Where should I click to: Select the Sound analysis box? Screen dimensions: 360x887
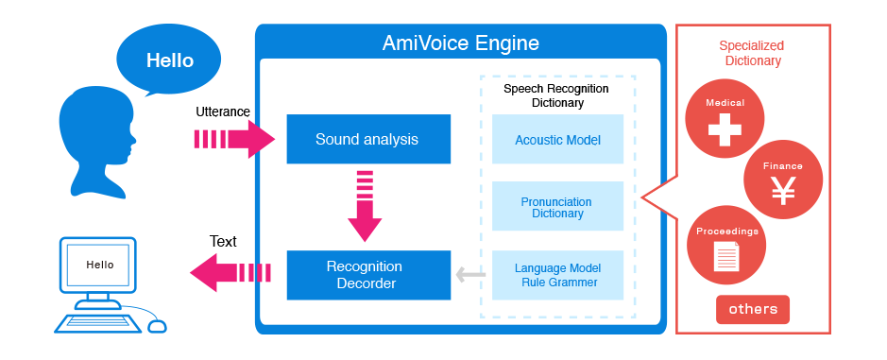pos(367,139)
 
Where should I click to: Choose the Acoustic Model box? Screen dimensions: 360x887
pos(557,140)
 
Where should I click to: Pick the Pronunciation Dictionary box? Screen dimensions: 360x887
pos(557,207)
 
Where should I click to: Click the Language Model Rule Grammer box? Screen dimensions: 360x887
pos(557,275)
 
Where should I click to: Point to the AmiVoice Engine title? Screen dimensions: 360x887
pos(461,43)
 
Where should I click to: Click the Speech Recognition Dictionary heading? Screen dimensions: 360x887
pos(556,95)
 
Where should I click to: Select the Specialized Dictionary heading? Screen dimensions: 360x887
pos(751,53)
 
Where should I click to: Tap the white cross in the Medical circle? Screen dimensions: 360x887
pos(725,130)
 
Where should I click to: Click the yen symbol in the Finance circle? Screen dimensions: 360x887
pos(783,190)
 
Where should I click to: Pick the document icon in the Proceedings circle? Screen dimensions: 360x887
pos(726,253)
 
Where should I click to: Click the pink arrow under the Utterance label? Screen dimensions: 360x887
pos(233,139)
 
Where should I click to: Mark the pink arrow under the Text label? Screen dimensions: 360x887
pos(230,273)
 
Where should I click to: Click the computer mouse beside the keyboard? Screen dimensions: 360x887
pos(157,326)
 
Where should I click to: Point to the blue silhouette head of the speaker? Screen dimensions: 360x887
pos(95,137)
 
